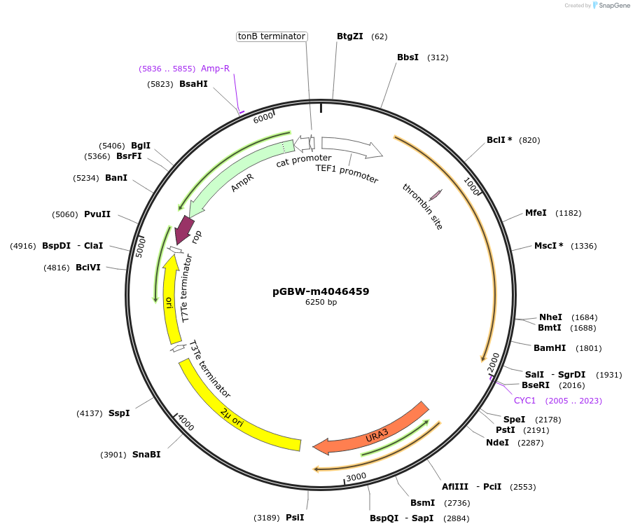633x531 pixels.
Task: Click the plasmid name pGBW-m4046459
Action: coord(321,291)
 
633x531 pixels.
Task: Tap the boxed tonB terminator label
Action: coord(272,36)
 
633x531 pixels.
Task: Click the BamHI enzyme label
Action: coord(549,348)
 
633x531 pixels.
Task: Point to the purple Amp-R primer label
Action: coord(215,69)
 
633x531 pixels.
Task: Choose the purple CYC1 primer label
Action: coord(524,401)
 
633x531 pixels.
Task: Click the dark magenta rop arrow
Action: coord(184,229)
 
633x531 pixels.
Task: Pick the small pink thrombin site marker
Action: coord(436,195)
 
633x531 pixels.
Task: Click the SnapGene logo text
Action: coord(613,6)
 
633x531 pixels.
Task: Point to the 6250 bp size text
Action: coord(321,303)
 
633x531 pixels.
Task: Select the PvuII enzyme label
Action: coord(97,214)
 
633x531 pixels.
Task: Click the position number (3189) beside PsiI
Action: coord(266,518)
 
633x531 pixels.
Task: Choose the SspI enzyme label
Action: coord(119,413)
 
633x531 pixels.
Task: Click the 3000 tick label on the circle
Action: coord(356,476)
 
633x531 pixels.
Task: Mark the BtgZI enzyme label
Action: coord(349,36)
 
